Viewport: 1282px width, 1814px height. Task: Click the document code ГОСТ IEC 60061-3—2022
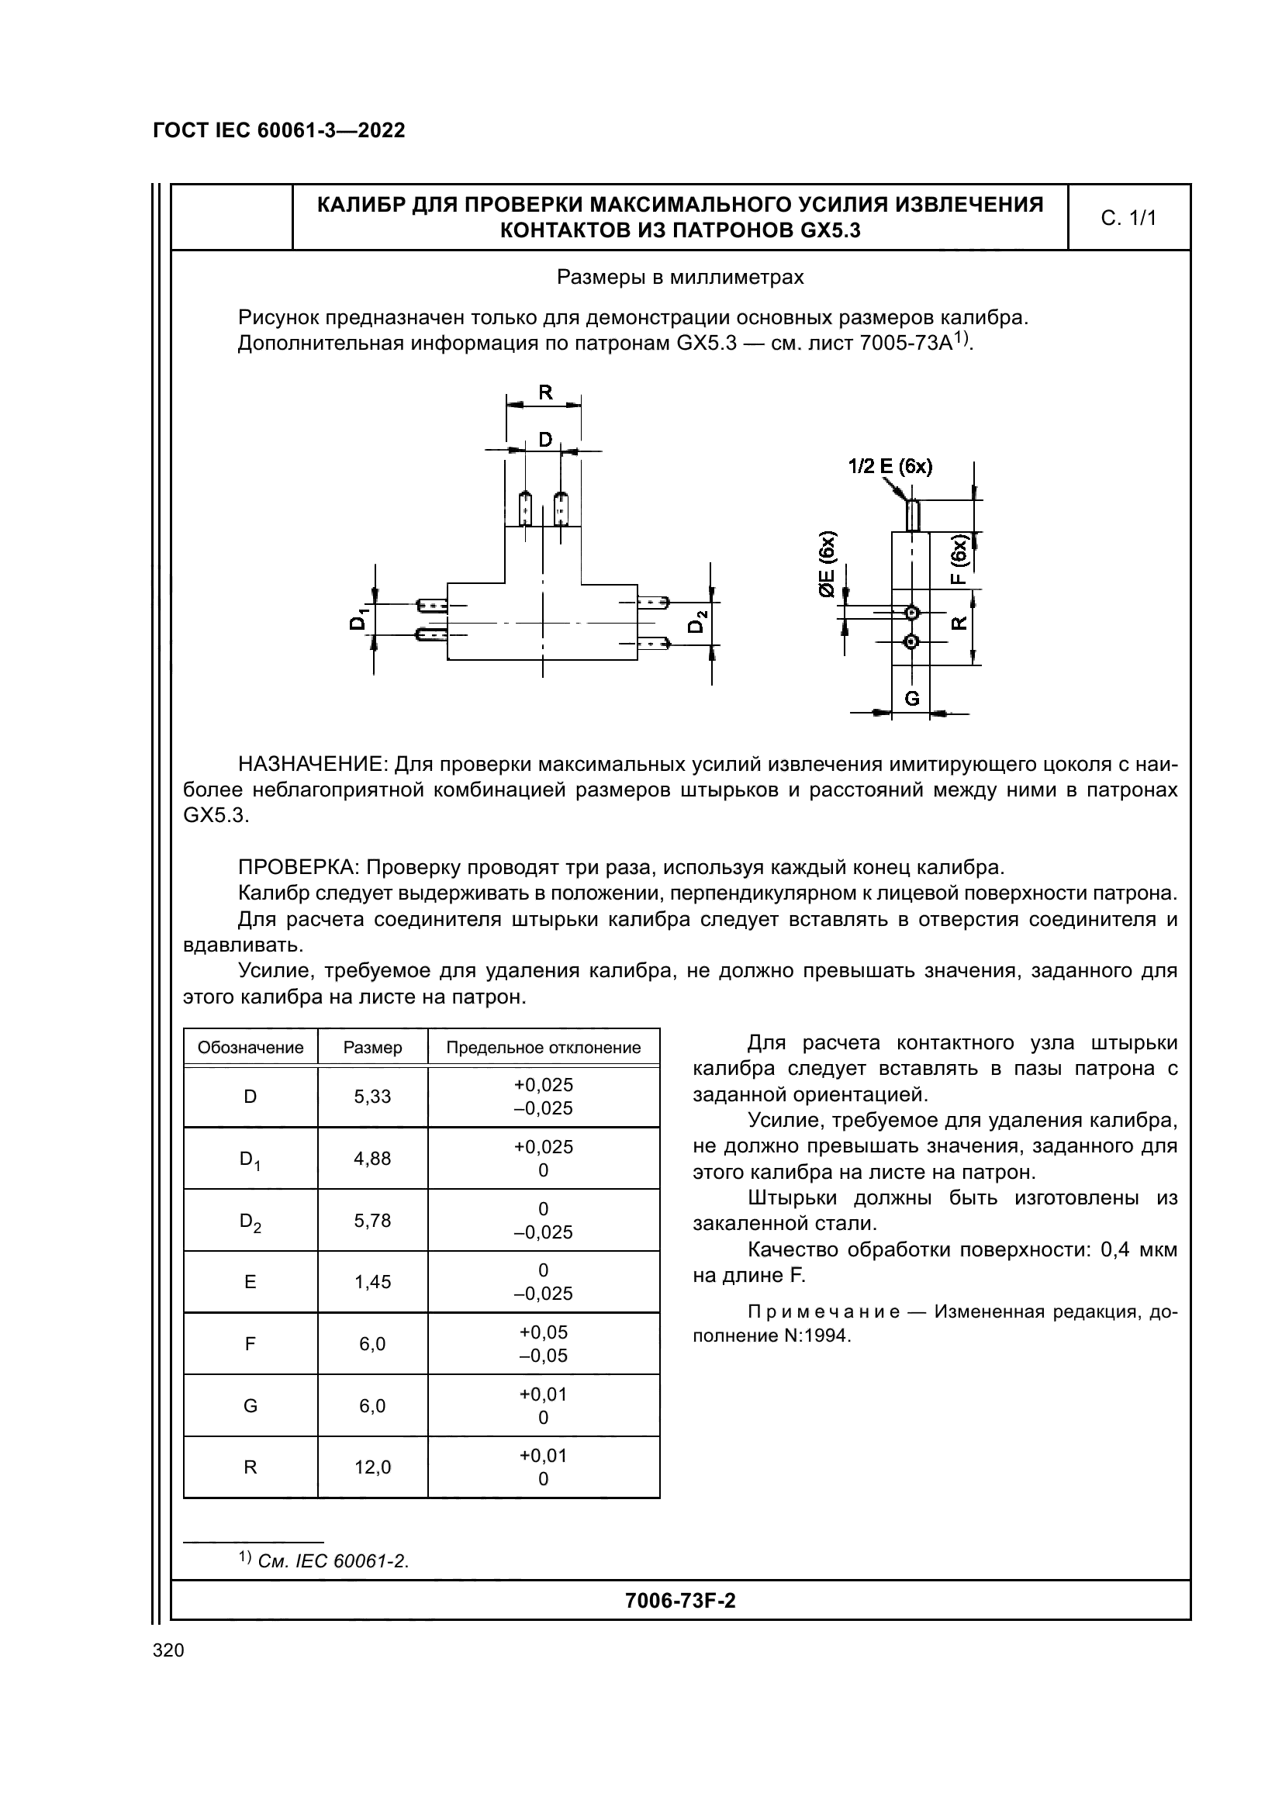[x=279, y=131]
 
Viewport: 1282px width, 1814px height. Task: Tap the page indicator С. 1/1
[x=1128, y=219]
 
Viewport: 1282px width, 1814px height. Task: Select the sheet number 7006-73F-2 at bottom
[x=679, y=1601]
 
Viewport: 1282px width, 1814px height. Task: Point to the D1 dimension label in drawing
[x=358, y=620]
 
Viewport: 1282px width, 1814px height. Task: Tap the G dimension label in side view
[x=911, y=699]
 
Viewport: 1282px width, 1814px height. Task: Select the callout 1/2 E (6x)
[x=890, y=467]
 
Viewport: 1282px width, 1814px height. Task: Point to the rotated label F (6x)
[x=958, y=559]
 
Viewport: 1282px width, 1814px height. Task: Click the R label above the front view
[x=545, y=392]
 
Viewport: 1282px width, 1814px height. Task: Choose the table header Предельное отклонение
[x=544, y=1048]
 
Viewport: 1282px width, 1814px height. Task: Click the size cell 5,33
[x=373, y=1097]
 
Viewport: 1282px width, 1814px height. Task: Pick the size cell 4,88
[x=373, y=1158]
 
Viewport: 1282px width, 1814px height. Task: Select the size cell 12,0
[x=373, y=1467]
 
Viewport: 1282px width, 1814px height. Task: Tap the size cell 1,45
[x=373, y=1281]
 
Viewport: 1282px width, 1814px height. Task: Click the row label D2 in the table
[x=251, y=1221]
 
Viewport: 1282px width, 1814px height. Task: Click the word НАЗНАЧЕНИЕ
[x=312, y=764]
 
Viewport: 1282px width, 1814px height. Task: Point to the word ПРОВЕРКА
[x=299, y=868]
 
